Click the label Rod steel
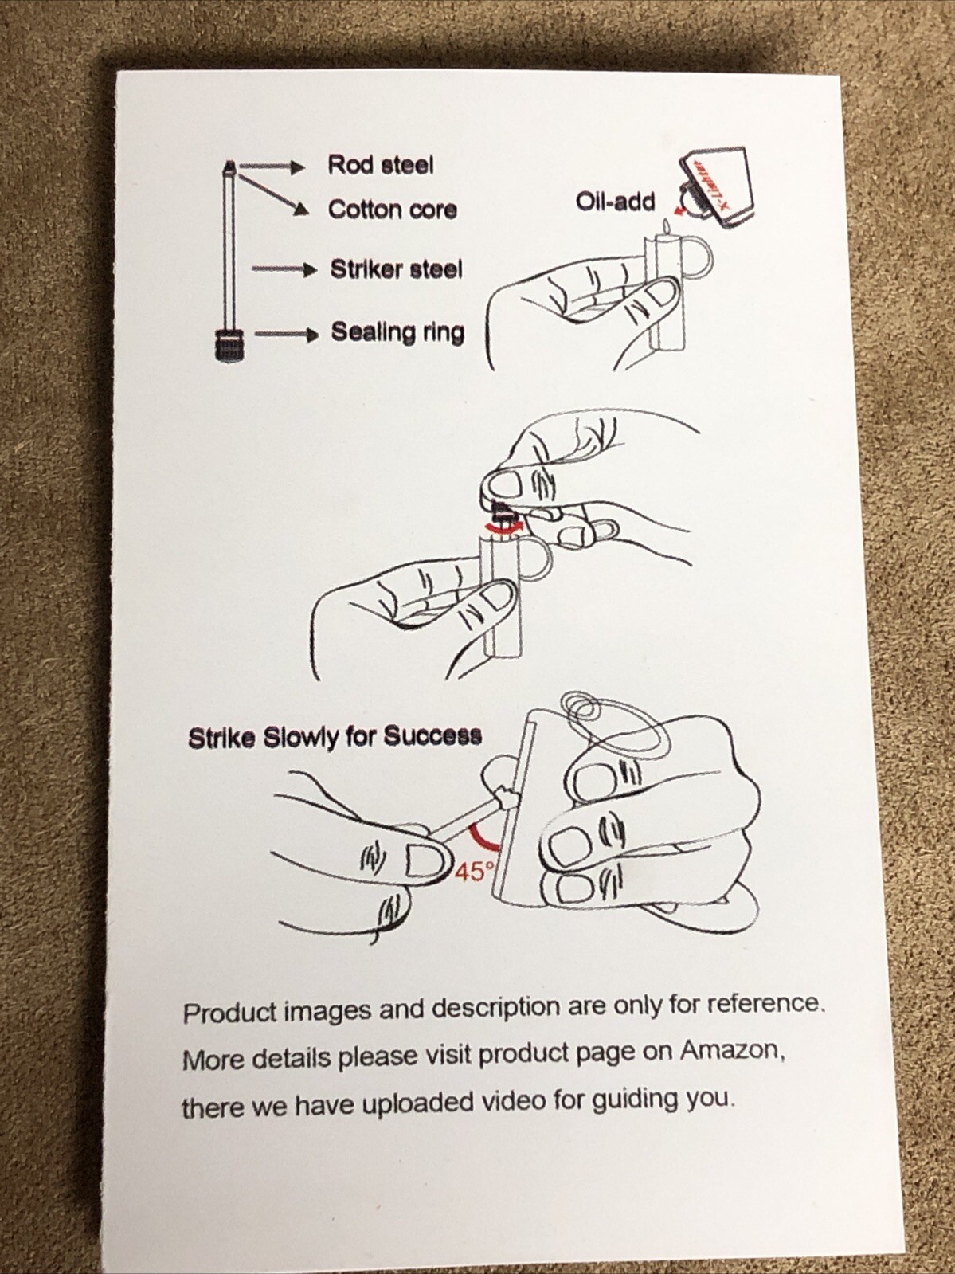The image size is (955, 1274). pyautogui.click(x=381, y=165)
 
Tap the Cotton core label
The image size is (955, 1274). pyautogui.click(x=392, y=210)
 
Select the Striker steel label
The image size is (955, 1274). pyautogui.click(x=397, y=269)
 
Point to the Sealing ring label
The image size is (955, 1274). pyautogui.click(x=398, y=332)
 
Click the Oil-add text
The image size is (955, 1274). pyautogui.click(x=616, y=202)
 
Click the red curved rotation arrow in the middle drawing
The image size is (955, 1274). pyautogui.click(x=504, y=526)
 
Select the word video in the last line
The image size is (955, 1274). pyautogui.click(x=519, y=1100)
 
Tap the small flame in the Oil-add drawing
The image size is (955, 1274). pyautogui.click(x=667, y=226)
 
